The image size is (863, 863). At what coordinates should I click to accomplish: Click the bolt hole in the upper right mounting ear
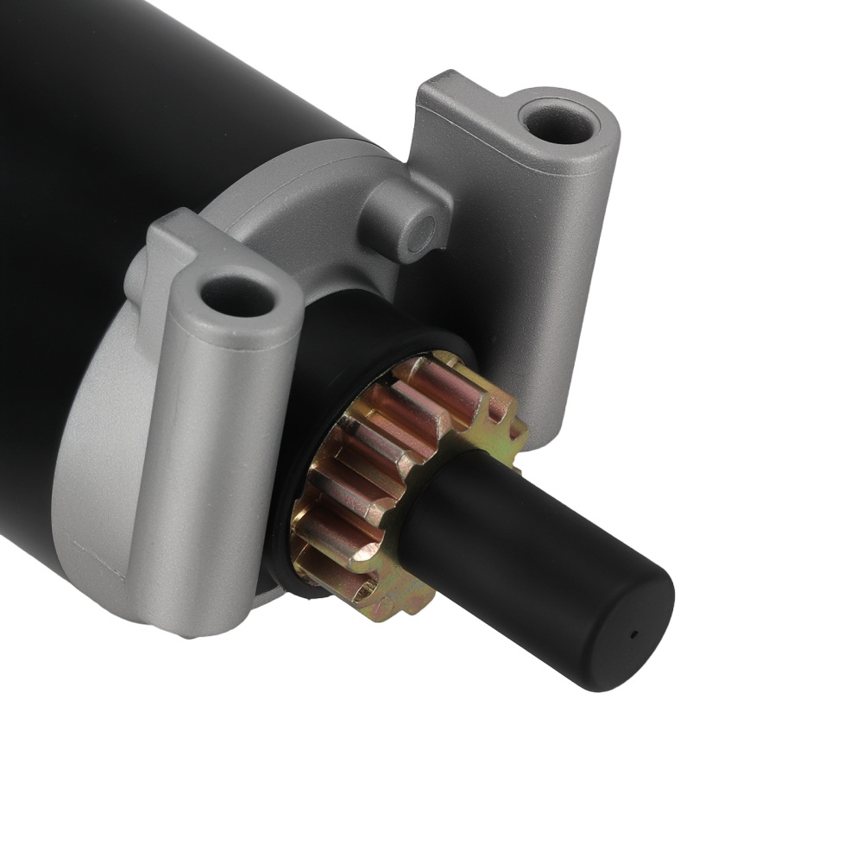click(x=560, y=123)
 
